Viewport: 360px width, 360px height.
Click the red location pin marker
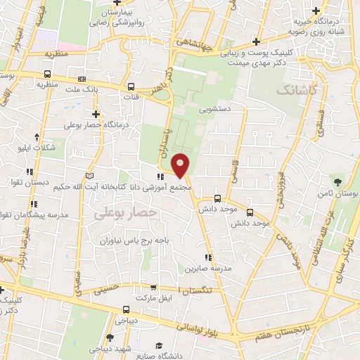181,165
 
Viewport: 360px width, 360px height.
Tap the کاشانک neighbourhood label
297,90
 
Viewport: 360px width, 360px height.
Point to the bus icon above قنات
130,86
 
